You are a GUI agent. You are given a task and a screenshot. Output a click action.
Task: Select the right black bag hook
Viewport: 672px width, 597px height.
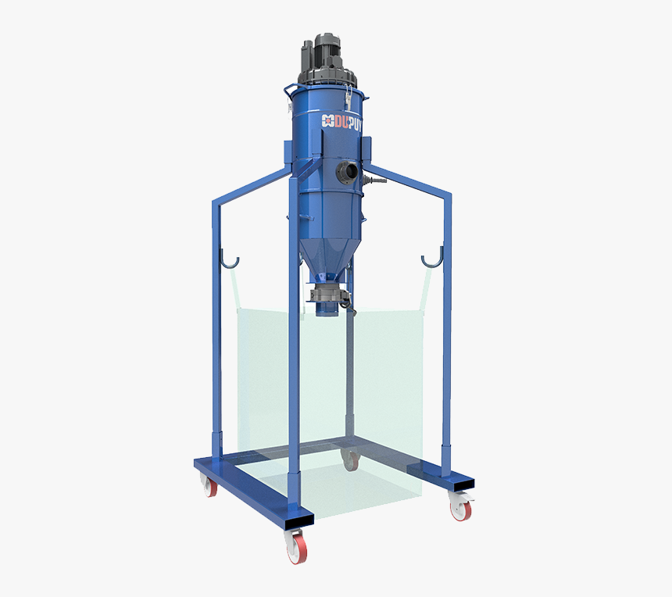(x=431, y=258)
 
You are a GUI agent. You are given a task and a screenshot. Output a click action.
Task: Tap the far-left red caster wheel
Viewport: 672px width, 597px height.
(x=209, y=486)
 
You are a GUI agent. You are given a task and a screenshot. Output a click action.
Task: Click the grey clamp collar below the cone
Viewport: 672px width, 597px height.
(x=327, y=295)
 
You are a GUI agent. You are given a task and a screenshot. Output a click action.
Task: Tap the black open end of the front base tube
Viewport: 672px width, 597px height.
(x=298, y=518)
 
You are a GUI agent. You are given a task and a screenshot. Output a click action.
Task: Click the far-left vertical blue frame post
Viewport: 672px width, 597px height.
(x=216, y=328)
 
